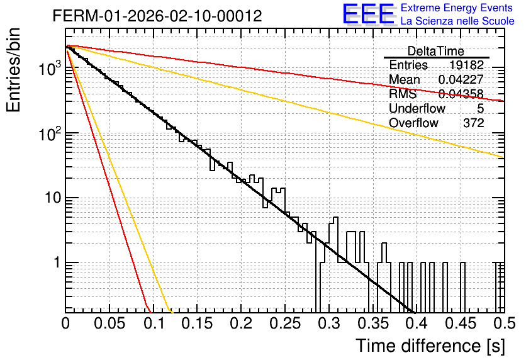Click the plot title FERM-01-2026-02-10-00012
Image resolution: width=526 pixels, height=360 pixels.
click(x=157, y=16)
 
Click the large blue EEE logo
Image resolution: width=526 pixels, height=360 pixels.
click(x=369, y=14)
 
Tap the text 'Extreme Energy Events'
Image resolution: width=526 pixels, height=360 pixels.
click(x=457, y=8)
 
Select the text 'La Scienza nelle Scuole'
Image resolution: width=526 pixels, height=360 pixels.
click(x=457, y=21)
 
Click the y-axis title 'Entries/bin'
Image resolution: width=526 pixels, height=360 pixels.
click(x=13, y=70)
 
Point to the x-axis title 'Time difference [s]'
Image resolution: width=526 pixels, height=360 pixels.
click(x=430, y=346)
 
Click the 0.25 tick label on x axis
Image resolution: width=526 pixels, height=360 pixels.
click(x=285, y=323)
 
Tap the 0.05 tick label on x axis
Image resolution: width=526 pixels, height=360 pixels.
click(x=109, y=323)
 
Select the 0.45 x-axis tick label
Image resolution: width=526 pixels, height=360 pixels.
click(x=461, y=323)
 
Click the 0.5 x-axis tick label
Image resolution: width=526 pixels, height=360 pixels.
click(x=504, y=323)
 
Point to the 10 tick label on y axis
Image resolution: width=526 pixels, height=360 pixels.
click(x=53, y=198)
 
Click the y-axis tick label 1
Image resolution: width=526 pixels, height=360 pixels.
click(x=57, y=262)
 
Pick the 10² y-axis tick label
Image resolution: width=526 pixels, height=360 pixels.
click(x=50, y=134)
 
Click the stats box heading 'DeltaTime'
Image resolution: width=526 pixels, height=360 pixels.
click(x=436, y=51)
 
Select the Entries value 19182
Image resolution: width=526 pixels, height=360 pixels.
click(x=467, y=65)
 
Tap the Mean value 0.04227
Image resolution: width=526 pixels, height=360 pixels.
click(x=461, y=79)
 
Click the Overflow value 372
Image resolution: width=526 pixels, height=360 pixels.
click(x=474, y=123)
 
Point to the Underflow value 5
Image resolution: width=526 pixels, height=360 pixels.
click(x=480, y=108)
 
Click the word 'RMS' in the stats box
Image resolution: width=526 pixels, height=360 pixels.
click(x=403, y=94)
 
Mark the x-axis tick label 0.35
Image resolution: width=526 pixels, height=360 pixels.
click(x=373, y=323)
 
